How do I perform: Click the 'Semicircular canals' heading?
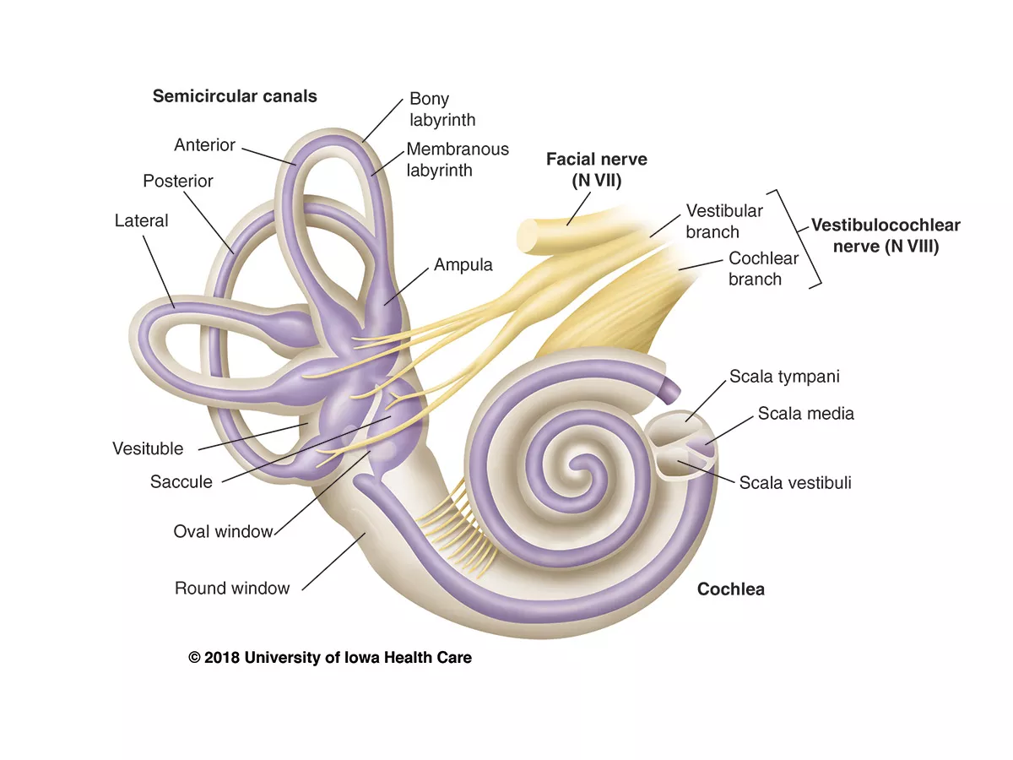[x=235, y=96]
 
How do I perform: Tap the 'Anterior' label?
[x=204, y=145]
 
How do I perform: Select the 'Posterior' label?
[x=178, y=182]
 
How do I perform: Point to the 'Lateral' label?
[x=142, y=221]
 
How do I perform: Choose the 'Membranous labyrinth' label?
[x=458, y=160]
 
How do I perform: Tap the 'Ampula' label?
[x=463, y=265]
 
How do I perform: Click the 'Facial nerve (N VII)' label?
[x=597, y=168]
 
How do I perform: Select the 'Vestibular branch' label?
[x=723, y=221]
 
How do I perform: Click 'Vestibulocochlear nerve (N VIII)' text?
[x=886, y=236]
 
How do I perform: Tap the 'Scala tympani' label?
[x=784, y=377]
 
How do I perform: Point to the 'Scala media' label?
[x=805, y=414]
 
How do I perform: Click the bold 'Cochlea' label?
[x=730, y=589]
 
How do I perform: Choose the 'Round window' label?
[x=232, y=589]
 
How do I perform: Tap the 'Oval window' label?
[x=223, y=532]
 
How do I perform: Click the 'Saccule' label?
[x=181, y=482]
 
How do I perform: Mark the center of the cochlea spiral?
[x=580, y=463]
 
